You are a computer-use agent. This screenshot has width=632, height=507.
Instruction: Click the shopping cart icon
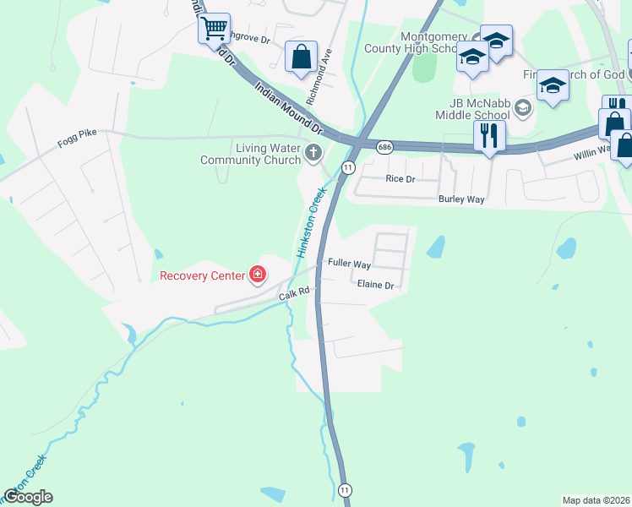(x=215, y=27)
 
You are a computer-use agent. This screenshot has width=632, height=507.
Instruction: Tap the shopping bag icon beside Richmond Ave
(x=301, y=57)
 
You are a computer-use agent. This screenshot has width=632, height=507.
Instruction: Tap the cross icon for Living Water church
(x=313, y=153)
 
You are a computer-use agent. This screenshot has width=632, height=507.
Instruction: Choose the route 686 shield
(x=384, y=146)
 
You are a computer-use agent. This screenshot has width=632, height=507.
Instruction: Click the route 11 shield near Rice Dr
(x=347, y=168)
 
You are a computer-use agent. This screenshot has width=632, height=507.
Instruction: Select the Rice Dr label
(x=400, y=179)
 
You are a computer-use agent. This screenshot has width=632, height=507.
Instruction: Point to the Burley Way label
(x=460, y=199)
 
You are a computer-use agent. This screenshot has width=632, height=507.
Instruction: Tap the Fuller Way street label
(x=349, y=264)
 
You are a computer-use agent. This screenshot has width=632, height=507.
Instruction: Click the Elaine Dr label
(x=376, y=286)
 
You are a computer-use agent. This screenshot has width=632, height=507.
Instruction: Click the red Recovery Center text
(x=201, y=275)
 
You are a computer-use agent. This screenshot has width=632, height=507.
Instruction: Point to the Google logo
(x=28, y=497)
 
